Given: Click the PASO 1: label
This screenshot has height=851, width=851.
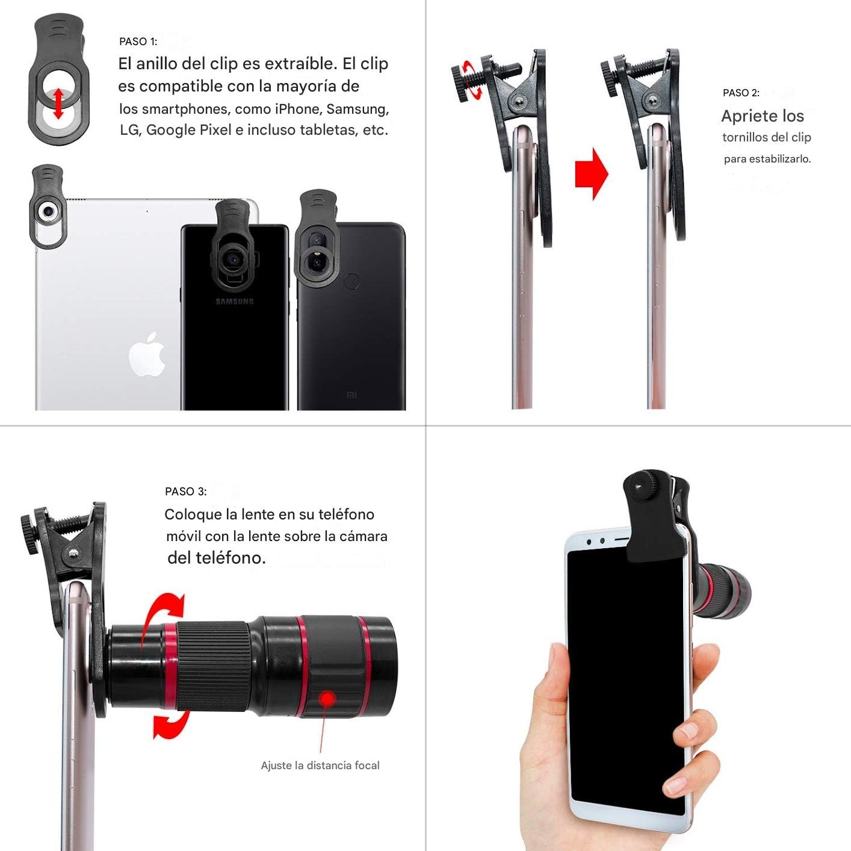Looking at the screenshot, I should click(138, 42).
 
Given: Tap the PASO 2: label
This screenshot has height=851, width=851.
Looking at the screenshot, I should click(741, 93).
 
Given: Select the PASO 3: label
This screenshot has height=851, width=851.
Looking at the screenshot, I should click(185, 492).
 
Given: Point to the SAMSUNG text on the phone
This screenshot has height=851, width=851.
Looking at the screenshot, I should click(235, 302).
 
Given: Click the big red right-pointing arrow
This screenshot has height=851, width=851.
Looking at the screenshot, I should click(592, 173).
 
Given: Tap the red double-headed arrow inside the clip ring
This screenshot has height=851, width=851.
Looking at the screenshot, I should click(58, 104).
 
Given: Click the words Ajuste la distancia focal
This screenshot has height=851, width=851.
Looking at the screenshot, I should click(320, 766).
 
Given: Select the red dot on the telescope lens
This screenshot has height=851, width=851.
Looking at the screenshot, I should click(327, 699).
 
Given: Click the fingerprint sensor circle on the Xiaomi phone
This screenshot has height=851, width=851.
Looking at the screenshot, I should click(351, 281).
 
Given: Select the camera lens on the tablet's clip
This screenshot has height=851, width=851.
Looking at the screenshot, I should click(48, 212).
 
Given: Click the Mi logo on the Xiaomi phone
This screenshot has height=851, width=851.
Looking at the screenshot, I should click(352, 395).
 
